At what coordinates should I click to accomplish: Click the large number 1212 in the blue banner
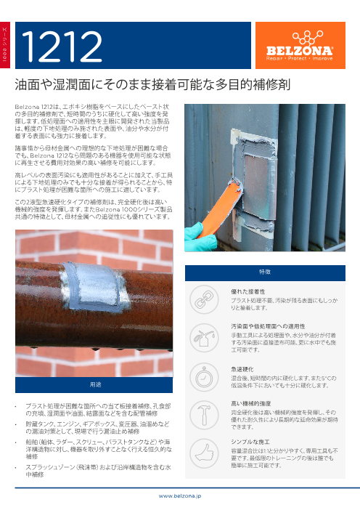point(62,46)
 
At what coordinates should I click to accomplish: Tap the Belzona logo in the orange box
point(300,46)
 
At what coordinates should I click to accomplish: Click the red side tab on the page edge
point(5,45)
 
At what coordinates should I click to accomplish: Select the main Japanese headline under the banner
point(152,84)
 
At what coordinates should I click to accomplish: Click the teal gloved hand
point(199,236)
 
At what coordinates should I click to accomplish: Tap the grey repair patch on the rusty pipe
point(95,286)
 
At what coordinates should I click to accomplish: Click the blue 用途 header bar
point(94,385)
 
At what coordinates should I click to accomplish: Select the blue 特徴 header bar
point(265,273)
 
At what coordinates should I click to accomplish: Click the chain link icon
point(204,299)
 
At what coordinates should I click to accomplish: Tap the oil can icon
point(204,338)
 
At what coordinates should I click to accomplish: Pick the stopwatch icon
point(204,377)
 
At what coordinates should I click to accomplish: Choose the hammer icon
point(204,416)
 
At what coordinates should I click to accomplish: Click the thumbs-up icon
point(204,453)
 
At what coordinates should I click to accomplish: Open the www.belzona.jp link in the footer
point(180,496)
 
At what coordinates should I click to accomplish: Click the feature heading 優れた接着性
point(248,291)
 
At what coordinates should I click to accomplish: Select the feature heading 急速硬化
point(242,369)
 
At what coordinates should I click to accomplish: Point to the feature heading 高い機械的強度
point(251,404)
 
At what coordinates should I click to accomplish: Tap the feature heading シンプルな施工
point(250,442)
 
